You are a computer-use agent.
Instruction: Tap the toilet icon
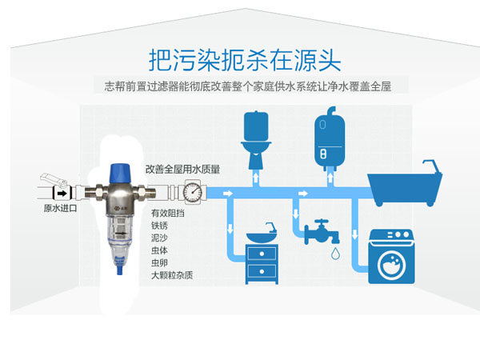256,143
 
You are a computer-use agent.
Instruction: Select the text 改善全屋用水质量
182,170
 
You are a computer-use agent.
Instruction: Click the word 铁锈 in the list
160,226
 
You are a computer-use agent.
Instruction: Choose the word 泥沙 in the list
160,238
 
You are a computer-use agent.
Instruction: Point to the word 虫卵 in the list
160,262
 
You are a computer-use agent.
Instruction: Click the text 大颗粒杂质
172,275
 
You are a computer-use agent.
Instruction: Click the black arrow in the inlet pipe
59,192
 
